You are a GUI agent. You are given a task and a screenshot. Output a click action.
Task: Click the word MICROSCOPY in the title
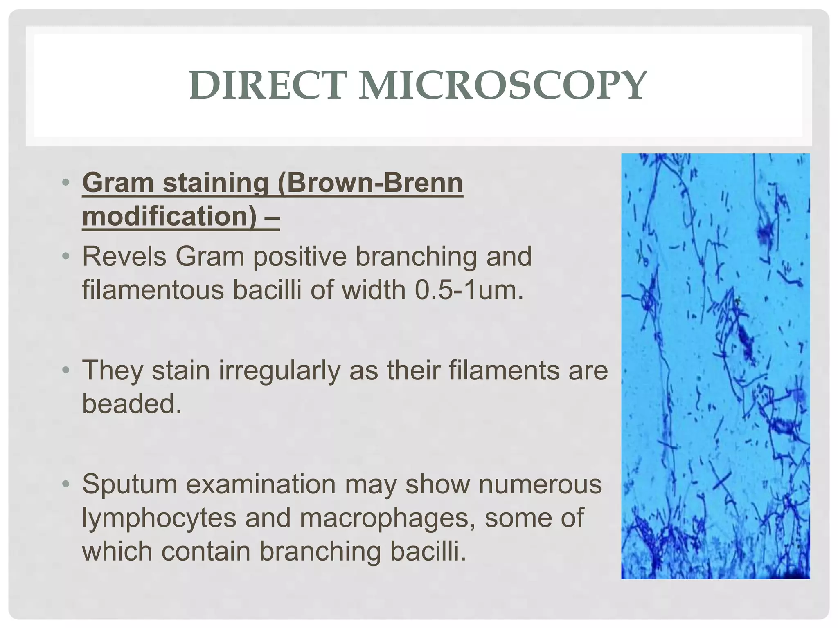tap(502, 86)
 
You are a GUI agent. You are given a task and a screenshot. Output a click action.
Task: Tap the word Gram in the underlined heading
tap(119, 183)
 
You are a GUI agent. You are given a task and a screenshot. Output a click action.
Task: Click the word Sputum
tap(130, 484)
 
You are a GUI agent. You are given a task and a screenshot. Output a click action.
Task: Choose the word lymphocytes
tap(159, 518)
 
